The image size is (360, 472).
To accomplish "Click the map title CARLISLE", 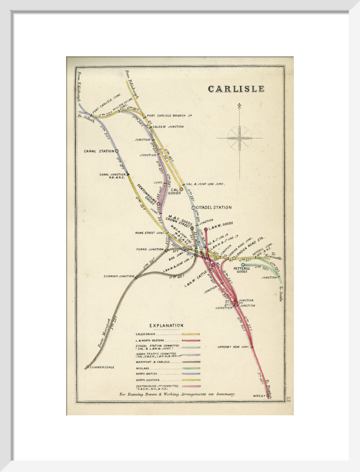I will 236,89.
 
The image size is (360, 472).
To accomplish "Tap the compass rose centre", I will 239,138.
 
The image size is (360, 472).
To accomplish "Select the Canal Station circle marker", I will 117,151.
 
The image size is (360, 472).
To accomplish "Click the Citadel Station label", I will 214,207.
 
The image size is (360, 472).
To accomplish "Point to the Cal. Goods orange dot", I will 181,189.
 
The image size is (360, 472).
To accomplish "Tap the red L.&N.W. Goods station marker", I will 206,229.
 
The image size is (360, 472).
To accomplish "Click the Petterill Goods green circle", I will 243,265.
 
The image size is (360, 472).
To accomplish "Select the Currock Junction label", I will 119,276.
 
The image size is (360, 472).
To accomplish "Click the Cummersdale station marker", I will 87,367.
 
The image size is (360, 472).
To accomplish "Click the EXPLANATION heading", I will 166,326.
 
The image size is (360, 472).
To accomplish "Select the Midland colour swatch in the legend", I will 191,368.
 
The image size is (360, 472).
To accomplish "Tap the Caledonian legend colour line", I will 191,334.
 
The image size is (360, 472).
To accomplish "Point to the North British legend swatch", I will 191,374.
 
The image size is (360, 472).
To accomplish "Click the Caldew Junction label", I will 169,126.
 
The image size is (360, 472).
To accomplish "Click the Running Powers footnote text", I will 177,394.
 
